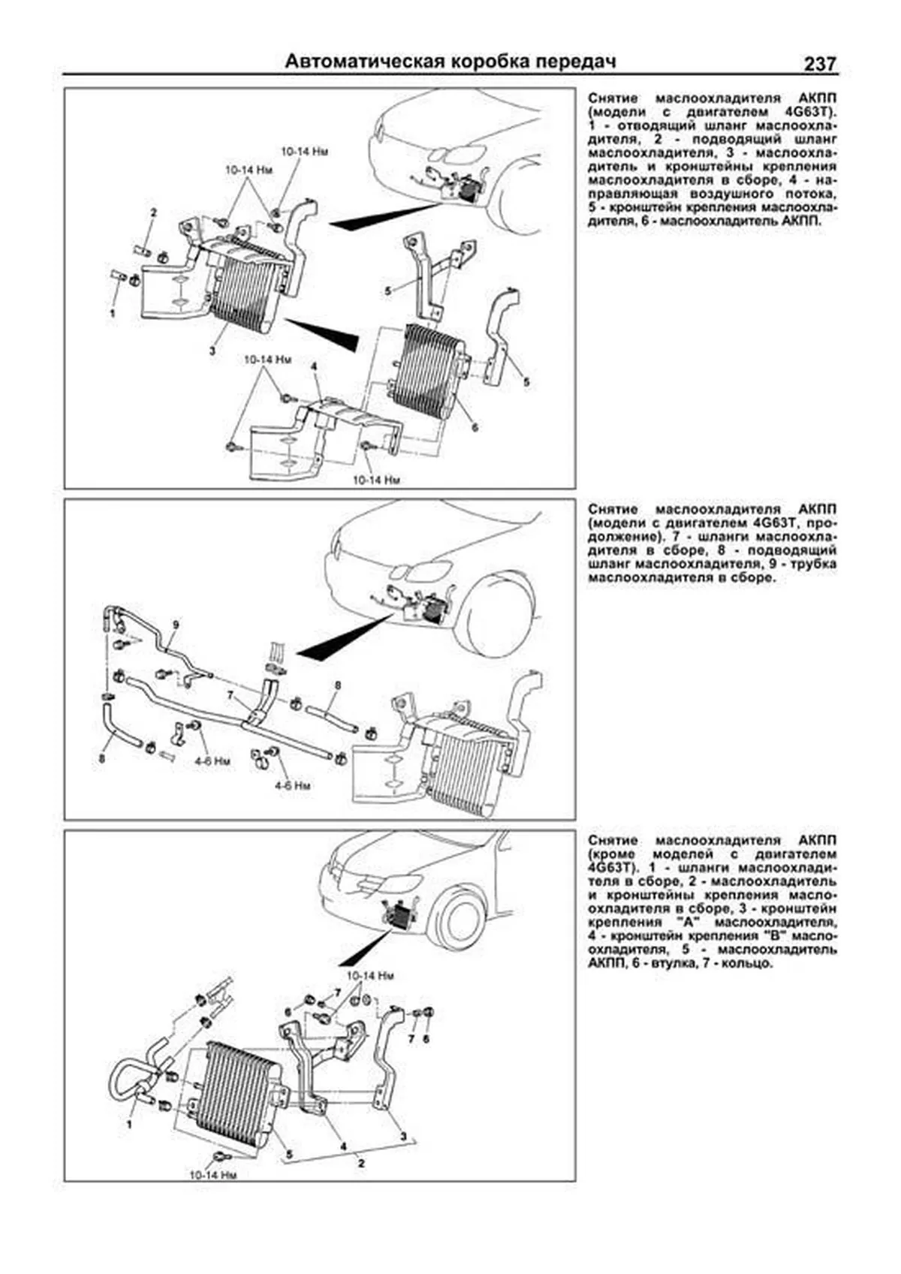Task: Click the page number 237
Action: point(820,64)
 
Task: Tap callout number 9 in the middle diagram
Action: point(175,624)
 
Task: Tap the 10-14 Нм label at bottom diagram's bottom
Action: point(213,1175)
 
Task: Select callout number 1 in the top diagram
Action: point(113,313)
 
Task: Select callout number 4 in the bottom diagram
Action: point(343,1146)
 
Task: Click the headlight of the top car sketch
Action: point(460,154)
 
